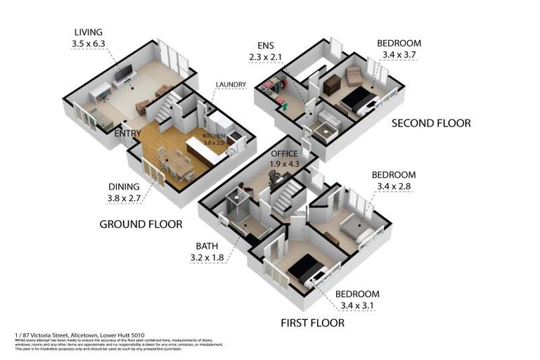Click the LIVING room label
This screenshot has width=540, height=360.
click(x=87, y=32)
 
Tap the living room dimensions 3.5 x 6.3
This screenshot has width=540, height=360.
click(x=87, y=43)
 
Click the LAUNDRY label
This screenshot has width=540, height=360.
click(x=231, y=85)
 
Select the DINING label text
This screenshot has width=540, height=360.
click(x=123, y=186)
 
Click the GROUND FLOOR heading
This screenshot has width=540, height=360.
click(x=141, y=224)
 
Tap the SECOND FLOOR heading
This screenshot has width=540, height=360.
click(x=430, y=123)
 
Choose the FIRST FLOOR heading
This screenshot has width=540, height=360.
click(x=313, y=323)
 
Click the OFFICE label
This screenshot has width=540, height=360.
click(x=284, y=154)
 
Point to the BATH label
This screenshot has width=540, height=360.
click(x=207, y=246)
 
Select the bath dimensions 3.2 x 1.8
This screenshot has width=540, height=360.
click(x=207, y=257)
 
